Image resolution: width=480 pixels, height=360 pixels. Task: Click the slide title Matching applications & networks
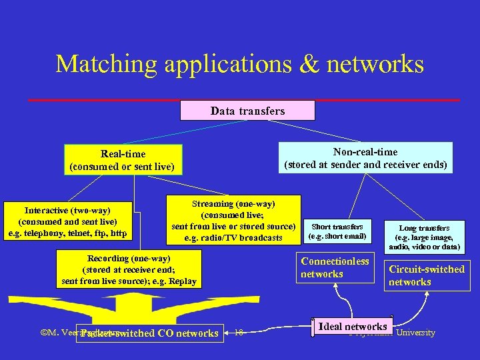(x=239, y=65)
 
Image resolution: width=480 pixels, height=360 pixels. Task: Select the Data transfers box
(x=247, y=111)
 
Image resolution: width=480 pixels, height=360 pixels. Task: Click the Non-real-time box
(x=365, y=158)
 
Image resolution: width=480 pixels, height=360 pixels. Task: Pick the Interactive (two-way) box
(x=67, y=221)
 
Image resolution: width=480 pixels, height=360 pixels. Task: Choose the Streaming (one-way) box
(x=233, y=221)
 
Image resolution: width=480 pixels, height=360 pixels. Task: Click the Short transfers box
(x=337, y=231)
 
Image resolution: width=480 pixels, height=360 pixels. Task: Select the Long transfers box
(x=424, y=237)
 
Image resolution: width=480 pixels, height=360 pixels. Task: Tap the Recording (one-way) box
(x=129, y=269)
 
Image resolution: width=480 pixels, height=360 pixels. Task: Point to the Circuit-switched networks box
(x=427, y=275)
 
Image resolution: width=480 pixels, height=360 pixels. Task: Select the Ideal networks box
(x=353, y=327)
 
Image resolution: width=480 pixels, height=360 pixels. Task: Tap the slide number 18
(x=239, y=332)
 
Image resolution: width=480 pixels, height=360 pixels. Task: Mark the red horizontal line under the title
(x=244, y=99)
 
